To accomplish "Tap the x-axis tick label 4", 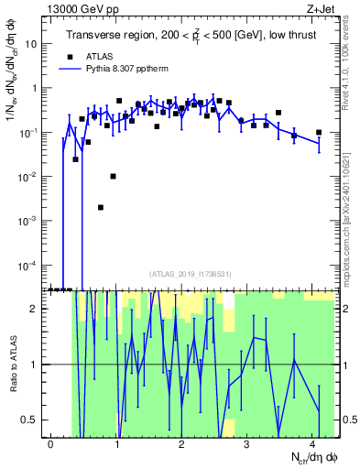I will pos(312,442).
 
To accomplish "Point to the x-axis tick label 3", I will pos(246,442).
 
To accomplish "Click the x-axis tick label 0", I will pos(50,442).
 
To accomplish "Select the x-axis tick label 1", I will pos(116,442).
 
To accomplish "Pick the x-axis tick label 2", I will pos(181,442).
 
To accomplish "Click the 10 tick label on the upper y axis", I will pos(32,44).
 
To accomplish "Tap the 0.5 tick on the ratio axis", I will pos(33,420).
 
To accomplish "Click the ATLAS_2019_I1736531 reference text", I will pos(195,274).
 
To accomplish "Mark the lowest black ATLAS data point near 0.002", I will pos(100,207).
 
